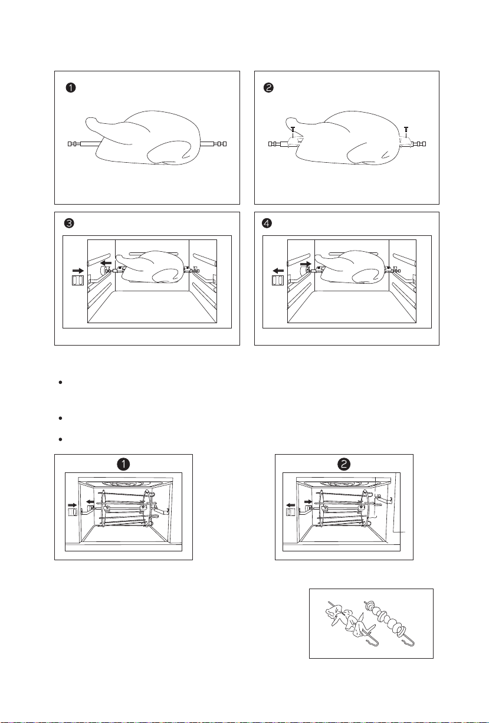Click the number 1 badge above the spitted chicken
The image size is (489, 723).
[71, 88]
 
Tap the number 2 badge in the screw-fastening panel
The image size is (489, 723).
[268, 88]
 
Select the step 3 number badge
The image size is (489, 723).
[69, 223]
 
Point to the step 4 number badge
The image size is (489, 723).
[267, 223]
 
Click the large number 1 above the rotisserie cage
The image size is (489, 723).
[123, 464]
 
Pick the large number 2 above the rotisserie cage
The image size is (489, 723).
[344, 464]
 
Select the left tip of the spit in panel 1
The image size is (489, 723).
[68, 144]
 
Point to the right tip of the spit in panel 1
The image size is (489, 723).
[225, 144]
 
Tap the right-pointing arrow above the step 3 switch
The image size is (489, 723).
[78, 271]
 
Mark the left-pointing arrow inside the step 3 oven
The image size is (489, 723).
[106, 264]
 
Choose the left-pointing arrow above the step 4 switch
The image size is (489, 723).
[278, 271]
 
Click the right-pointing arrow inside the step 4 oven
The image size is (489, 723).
[306, 264]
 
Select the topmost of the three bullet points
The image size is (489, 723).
[60, 383]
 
